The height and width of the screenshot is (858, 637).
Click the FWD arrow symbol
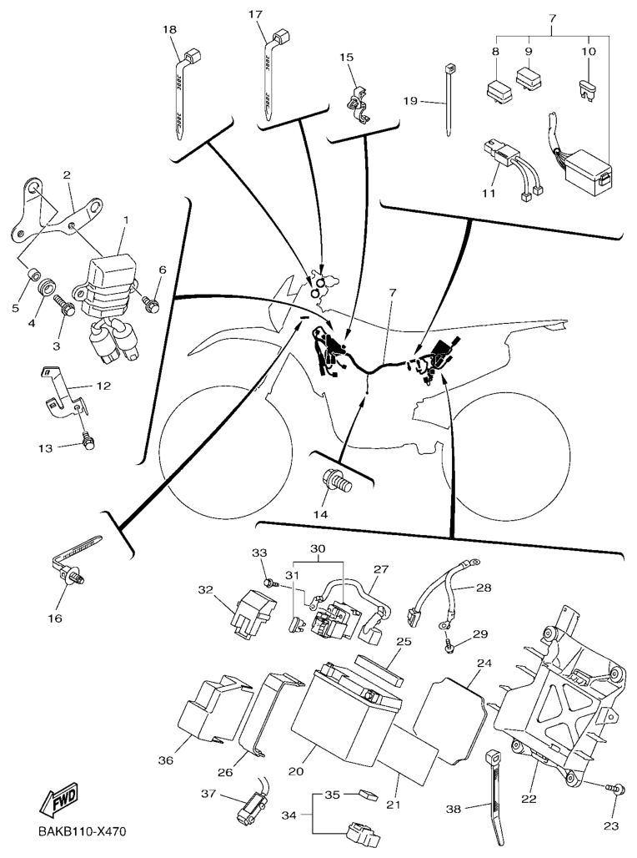coord(58,802)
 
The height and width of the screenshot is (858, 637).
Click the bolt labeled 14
coord(340,482)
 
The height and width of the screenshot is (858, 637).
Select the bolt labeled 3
coord(65,307)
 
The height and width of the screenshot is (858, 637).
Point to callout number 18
coord(170,29)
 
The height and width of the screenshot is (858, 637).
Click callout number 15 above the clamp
coord(346,57)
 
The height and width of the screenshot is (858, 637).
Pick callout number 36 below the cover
coord(166,760)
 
